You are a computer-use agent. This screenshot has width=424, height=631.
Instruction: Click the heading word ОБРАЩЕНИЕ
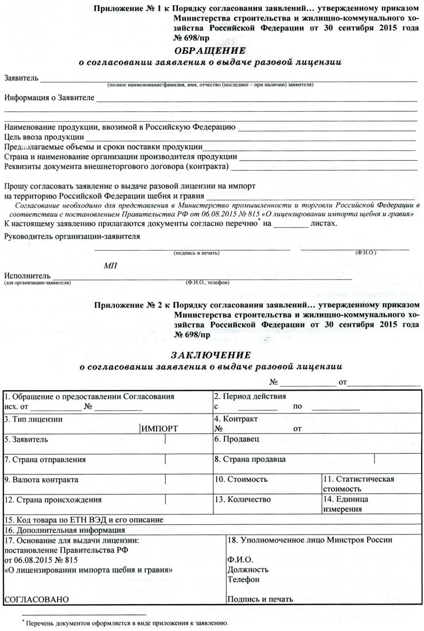pyautogui.click(x=213, y=50)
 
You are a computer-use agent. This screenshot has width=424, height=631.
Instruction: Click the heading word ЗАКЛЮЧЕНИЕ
pyautogui.click(x=212, y=355)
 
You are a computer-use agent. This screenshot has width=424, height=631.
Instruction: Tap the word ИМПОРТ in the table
pyautogui.click(x=160, y=429)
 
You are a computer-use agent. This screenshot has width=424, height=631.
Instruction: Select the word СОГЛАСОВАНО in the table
pyautogui.click(x=36, y=599)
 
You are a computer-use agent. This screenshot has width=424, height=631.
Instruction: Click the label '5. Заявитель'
pyautogui.click(x=26, y=439)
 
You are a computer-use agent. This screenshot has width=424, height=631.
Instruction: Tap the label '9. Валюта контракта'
pyautogui.click(x=41, y=479)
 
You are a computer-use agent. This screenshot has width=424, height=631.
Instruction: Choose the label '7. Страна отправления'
pyautogui.click(x=45, y=459)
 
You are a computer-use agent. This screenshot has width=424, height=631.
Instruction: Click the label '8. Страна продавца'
pyautogui.click(x=250, y=459)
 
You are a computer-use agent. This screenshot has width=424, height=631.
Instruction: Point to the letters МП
pyautogui.click(x=110, y=266)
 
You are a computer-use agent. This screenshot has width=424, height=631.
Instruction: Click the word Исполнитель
pyautogui.click(x=27, y=276)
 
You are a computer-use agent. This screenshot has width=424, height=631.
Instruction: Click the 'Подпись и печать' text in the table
pyautogui.click(x=260, y=599)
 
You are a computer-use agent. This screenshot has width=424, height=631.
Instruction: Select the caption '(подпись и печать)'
pyautogui.click(x=196, y=252)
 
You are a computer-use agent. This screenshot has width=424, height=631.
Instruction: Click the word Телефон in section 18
pyautogui.click(x=243, y=579)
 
